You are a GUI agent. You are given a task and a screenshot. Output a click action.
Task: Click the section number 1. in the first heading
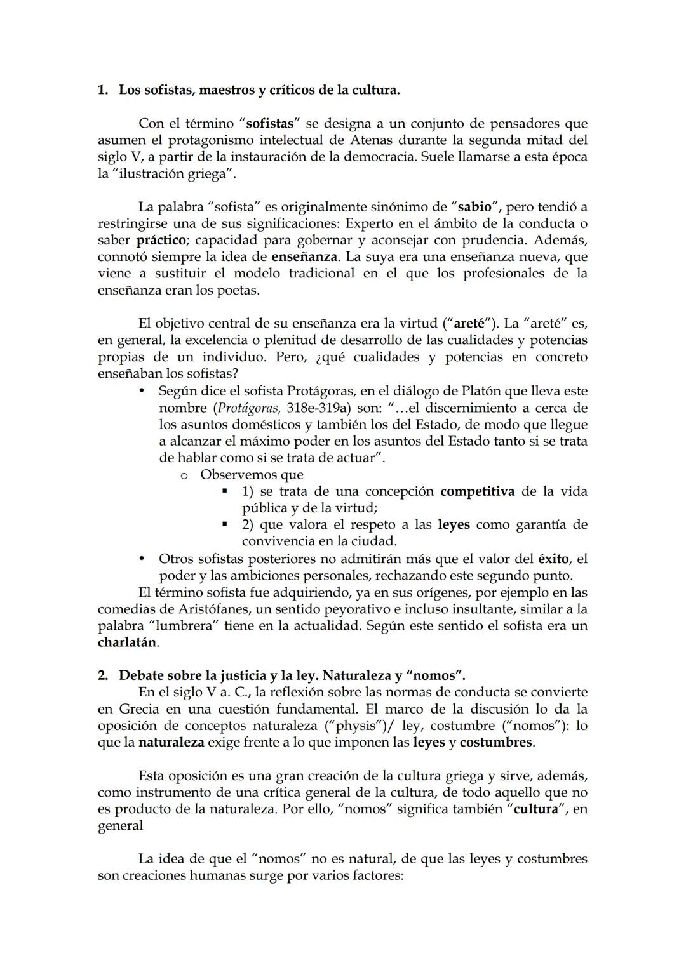click(102, 90)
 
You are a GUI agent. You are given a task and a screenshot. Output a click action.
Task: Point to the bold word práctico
click(161, 240)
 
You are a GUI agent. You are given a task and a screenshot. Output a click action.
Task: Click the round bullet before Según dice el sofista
click(143, 391)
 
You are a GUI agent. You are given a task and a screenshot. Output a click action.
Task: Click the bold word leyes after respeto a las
click(454, 524)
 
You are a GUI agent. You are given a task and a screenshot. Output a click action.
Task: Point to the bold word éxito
click(553, 559)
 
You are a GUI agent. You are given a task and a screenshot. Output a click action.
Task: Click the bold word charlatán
click(126, 642)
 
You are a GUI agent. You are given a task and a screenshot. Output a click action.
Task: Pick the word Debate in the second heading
click(141, 675)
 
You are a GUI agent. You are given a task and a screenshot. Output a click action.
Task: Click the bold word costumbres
click(495, 742)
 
